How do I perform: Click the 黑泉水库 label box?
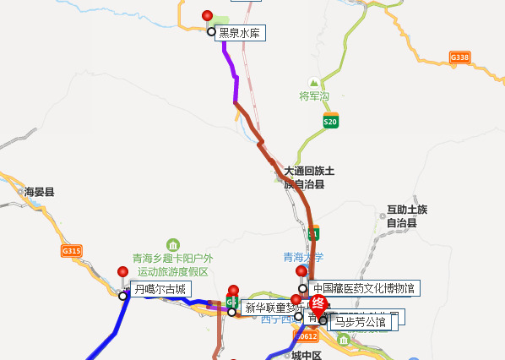click(242, 33)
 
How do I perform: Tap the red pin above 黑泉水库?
click(209, 16)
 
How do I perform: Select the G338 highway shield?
click(459, 57)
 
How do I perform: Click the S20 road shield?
click(330, 122)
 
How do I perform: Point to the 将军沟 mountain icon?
click(314, 83)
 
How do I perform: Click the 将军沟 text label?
click(314, 96)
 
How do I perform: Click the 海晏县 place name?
click(39, 192)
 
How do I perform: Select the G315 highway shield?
click(72, 251)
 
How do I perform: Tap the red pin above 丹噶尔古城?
click(123, 272)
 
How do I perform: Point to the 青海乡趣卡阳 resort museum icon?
click(173, 245)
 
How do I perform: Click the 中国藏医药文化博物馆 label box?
click(364, 288)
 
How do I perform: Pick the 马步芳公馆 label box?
click(360, 321)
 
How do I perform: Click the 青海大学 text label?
click(303, 257)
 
